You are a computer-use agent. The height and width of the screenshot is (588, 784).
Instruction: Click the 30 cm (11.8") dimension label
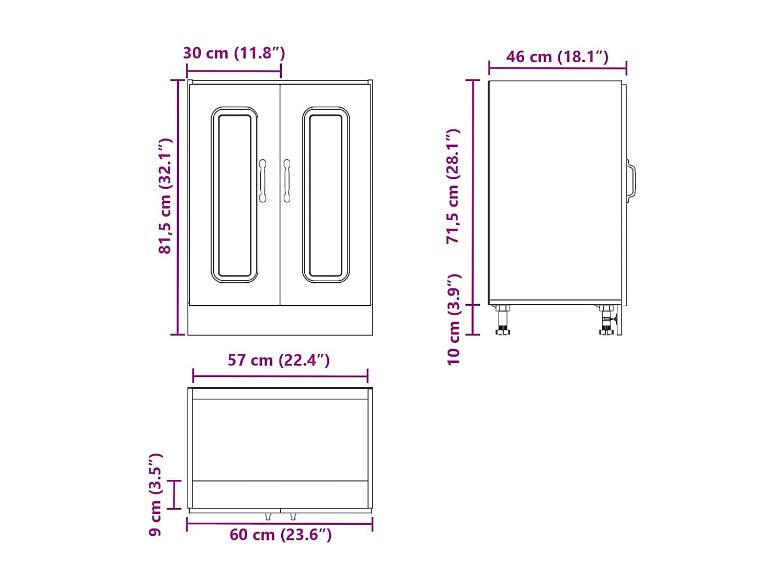(234, 53)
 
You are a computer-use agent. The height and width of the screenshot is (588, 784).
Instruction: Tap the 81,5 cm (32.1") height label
(165, 196)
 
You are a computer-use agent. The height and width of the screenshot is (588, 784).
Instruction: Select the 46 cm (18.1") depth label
(557, 56)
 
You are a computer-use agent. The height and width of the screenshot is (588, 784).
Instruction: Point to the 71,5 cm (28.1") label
(453, 186)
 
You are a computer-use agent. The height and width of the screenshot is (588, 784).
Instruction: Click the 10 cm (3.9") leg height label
(453, 319)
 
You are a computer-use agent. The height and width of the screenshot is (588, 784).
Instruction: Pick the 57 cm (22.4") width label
(279, 360)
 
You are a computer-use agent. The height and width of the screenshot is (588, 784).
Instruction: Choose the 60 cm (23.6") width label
(281, 535)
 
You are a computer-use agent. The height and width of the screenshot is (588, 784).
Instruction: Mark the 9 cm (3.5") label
(155, 494)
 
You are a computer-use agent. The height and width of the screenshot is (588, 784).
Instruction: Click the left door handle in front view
(262, 181)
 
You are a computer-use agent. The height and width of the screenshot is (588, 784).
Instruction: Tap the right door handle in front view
(286, 181)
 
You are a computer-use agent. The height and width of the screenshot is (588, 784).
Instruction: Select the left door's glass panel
(235, 195)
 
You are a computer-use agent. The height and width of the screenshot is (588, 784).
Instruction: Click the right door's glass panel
(326, 195)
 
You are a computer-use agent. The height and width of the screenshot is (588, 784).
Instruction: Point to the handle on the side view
(631, 181)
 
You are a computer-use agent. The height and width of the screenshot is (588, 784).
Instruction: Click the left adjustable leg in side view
(503, 320)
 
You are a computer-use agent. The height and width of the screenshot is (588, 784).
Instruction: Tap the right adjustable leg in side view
(606, 320)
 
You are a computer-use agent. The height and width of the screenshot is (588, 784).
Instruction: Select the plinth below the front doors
(280, 320)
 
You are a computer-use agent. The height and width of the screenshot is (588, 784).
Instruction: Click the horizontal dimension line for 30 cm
(234, 70)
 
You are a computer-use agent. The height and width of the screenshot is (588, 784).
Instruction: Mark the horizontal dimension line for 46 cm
(557, 67)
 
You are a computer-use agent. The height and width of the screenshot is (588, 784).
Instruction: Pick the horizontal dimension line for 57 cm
(280, 376)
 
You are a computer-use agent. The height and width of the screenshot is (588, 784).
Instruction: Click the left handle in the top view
(268, 516)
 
